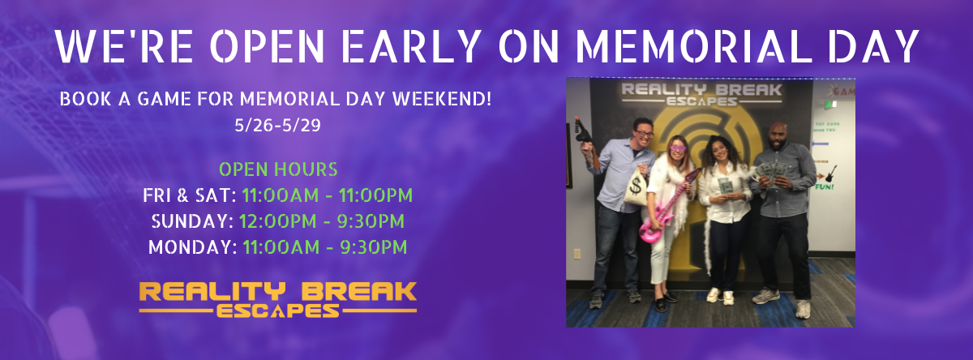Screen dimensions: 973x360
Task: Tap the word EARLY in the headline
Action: (x=410, y=47)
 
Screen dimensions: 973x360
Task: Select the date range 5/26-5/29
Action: (x=277, y=126)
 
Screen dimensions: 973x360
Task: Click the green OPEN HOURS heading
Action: (x=278, y=169)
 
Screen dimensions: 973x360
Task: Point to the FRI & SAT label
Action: (x=190, y=195)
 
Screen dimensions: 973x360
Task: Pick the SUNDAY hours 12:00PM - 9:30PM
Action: (x=322, y=221)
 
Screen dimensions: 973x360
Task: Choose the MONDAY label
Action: (x=193, y=247)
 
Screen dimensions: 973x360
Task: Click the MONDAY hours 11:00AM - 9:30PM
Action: (x=325, y=247)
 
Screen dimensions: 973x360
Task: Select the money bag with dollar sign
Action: (x=635, y=186)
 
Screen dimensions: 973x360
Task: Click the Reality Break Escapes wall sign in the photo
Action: (x=701, y=95)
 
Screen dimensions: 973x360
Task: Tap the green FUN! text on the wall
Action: (x=824, y=187)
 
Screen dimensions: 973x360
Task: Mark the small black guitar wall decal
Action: (x=830, y=174)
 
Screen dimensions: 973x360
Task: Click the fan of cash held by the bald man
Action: (x=771, y=173)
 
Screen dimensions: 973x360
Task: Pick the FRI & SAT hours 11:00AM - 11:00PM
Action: (x=328, y=195)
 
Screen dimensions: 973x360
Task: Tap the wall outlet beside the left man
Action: (x=577, y=254)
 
